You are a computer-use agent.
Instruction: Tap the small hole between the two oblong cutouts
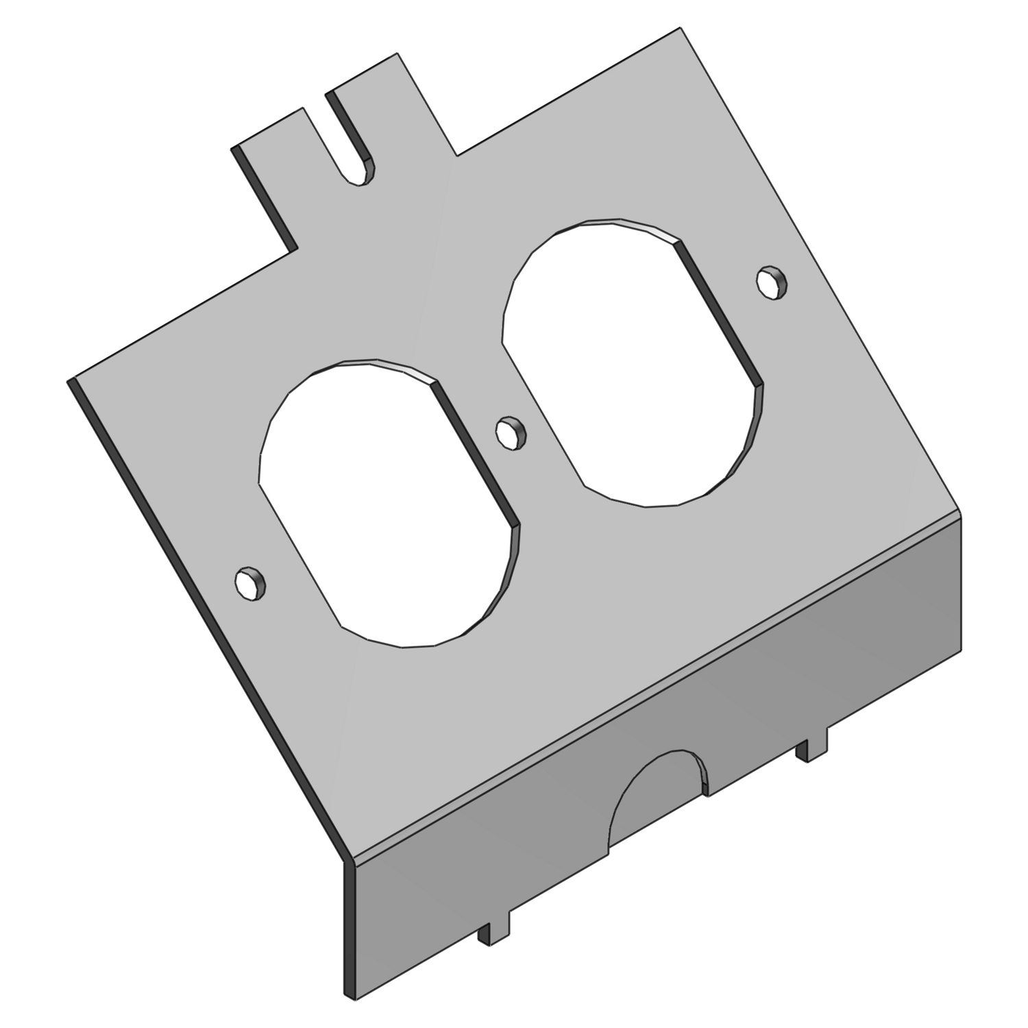pyautogui.click(x=510, y=432)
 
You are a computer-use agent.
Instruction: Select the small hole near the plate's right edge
pyautogui.click(x=772, y=282)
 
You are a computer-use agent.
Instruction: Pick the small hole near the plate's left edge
pyautogui.click(x=249, y=584)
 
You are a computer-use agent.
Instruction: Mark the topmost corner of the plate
pyautogui.click(x=680, y=28)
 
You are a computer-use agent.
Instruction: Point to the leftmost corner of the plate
pyautogui.click(x=69, y=381)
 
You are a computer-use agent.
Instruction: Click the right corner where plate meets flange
pyautogui.click(x=959, y=514)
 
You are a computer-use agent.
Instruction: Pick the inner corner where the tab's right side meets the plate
pyautogui.click(x=456, y=155)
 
